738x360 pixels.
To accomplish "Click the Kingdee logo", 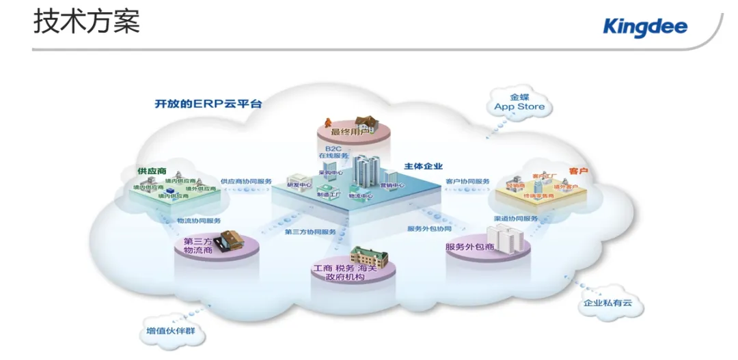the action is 645,27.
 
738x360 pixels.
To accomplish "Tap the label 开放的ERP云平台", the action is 208,104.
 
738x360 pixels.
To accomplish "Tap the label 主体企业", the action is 423,166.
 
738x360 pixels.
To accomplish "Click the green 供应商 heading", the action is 152,170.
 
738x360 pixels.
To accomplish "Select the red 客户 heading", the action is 578,169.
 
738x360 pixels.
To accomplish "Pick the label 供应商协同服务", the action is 246,182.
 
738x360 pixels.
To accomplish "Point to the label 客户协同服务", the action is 467,182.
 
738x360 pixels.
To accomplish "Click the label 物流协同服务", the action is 199,221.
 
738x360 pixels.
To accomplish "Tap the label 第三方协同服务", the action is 310,232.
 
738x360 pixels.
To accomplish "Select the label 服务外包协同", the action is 429,228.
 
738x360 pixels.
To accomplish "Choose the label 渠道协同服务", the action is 515,219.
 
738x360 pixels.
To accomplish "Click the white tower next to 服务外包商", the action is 508,239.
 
